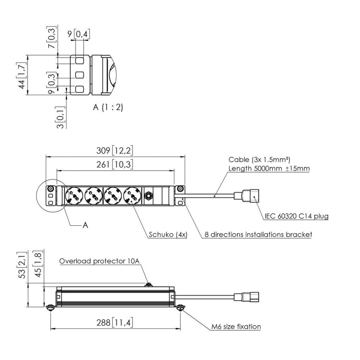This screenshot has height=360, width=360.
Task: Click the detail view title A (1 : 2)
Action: [x=108, y=107]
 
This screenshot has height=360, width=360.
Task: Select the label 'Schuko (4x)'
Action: [x=168, y=234]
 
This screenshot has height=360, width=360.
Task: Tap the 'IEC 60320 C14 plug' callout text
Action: [x=296, y=217]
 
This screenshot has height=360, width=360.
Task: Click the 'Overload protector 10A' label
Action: [x=99, y=261]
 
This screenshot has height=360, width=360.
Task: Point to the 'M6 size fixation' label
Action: [x=236, y=327]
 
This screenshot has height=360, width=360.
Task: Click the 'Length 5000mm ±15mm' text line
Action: [x=269, y=169]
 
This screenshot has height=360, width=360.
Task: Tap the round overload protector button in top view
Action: [x=149, y=196]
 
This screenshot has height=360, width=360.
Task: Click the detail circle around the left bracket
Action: [x=50, y=195]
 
